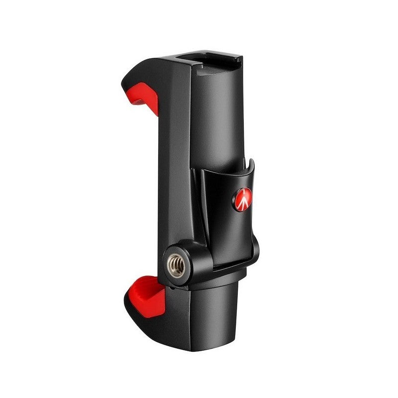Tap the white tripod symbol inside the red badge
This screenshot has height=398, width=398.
point(242,199)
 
